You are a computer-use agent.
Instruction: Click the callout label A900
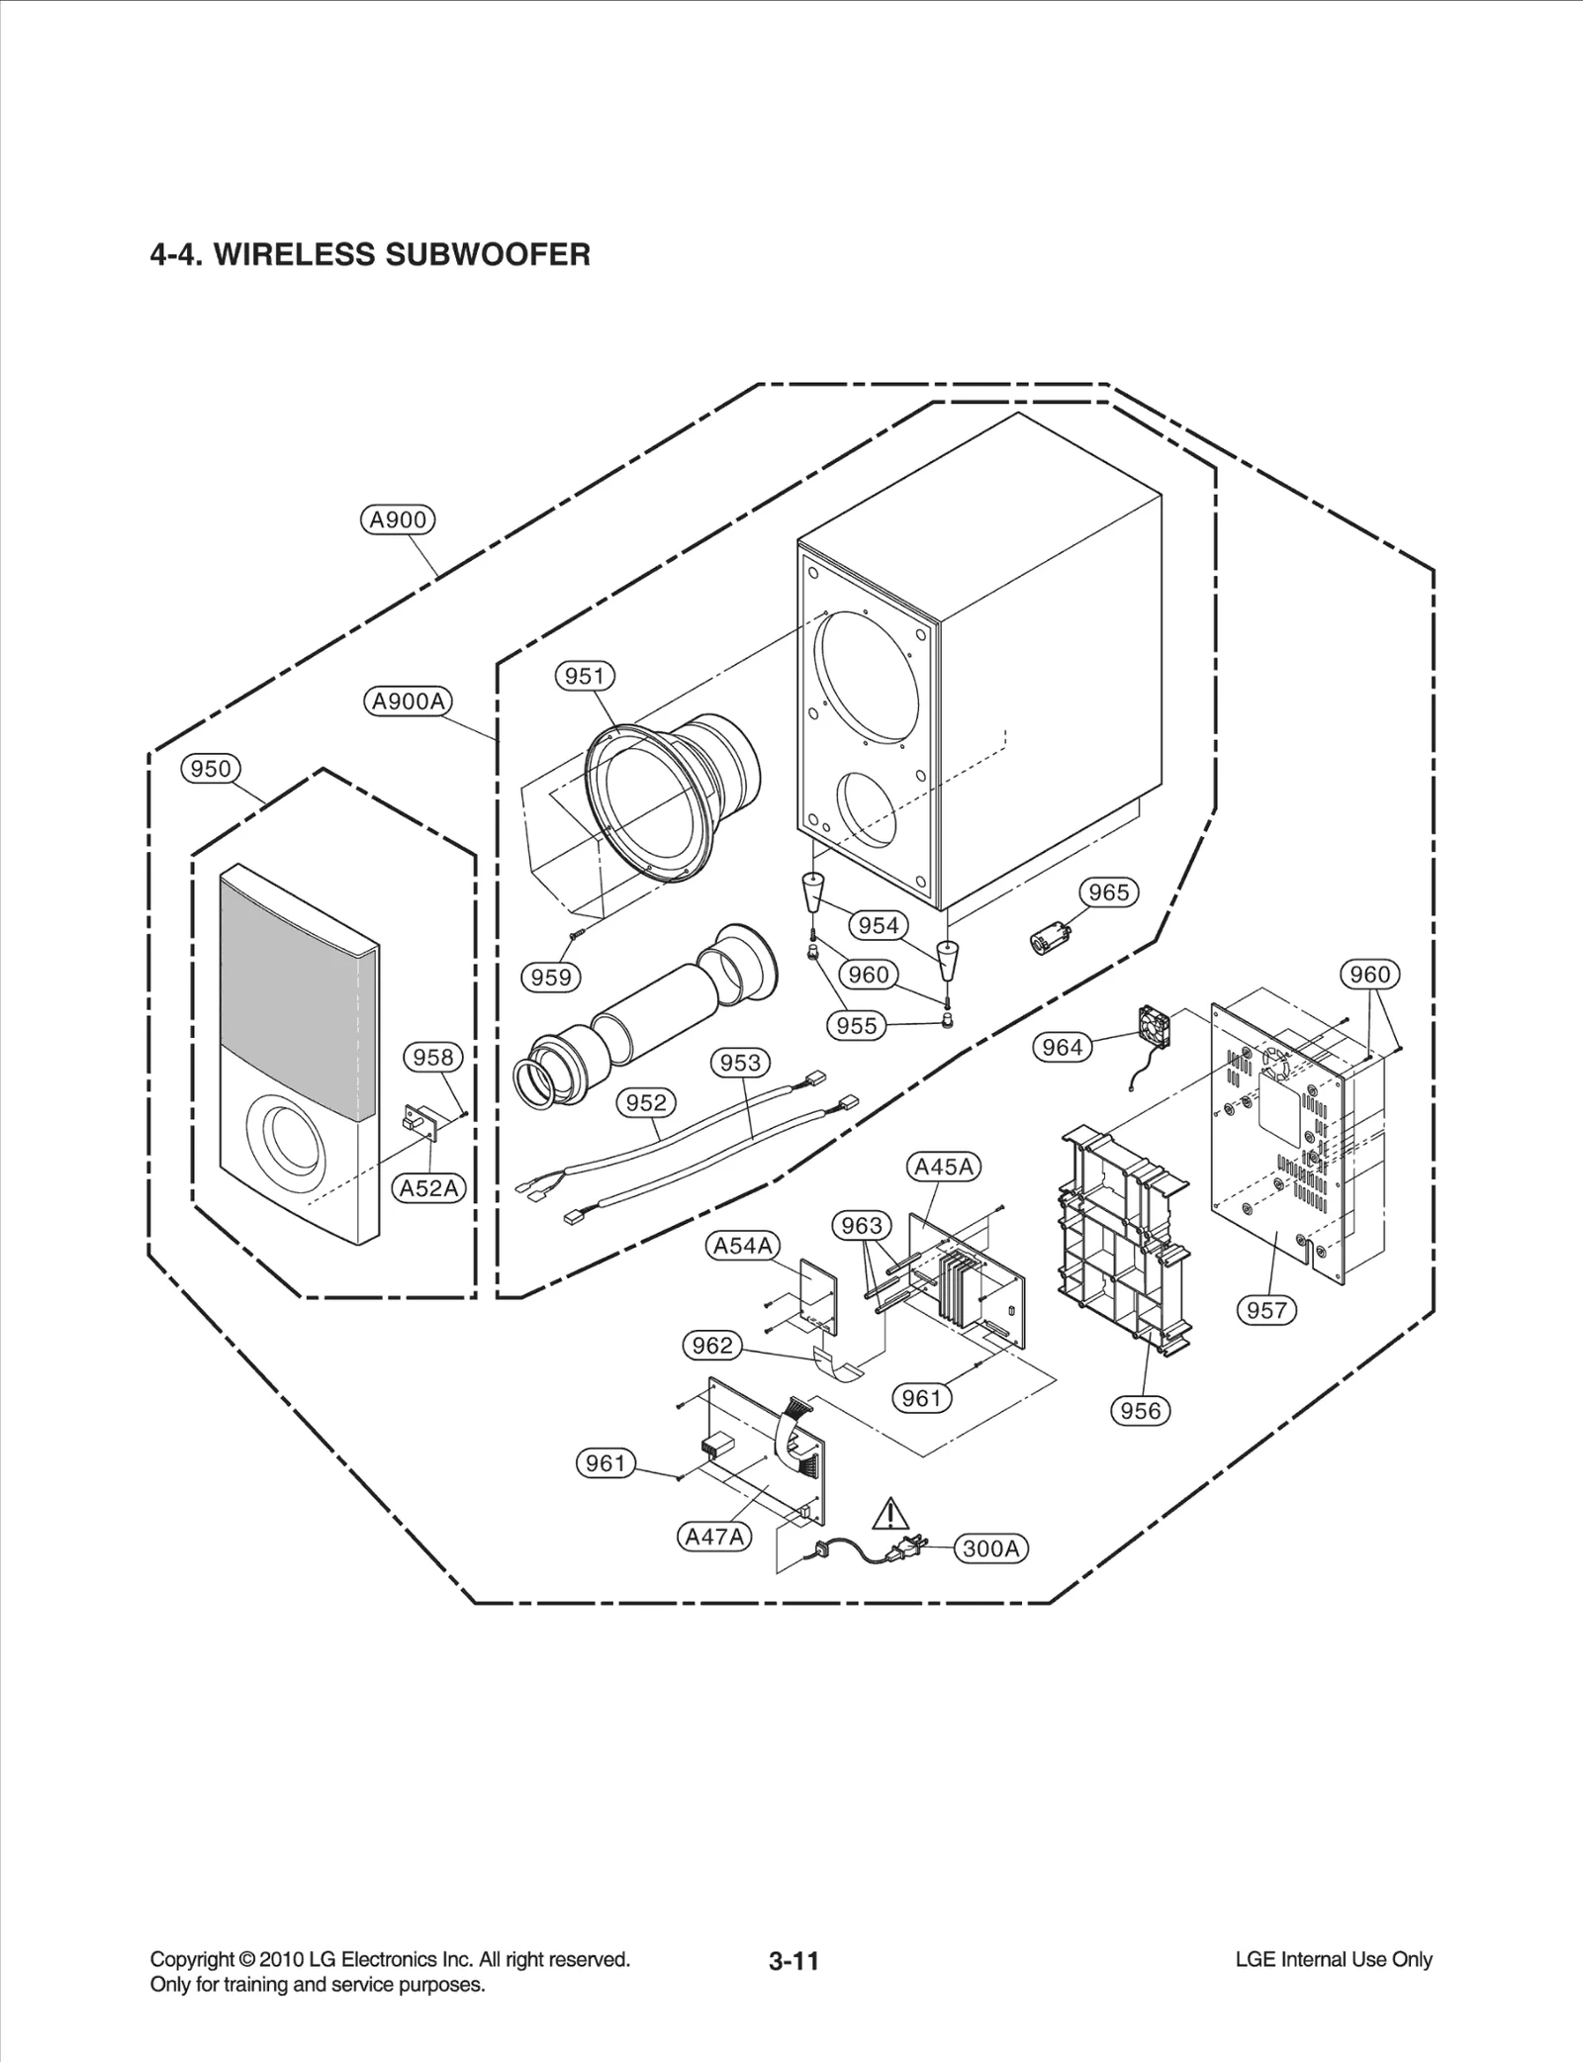[x=398, y=519]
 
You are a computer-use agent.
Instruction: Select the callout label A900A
[x=409, y=702]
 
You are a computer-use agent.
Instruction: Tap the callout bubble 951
[x=584, y=676]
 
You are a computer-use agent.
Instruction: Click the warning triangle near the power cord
[x=891, y=1542]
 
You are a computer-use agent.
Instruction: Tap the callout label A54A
[x=743, y=1246]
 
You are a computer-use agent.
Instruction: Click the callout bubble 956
[x=1140, y=1410]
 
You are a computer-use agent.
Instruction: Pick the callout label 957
[x=1266, y=1310]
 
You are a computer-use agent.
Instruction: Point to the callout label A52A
[x=429, y=1188]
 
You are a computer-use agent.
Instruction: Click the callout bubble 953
[x=740, y=1063]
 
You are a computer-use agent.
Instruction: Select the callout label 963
[x=861, y=1226]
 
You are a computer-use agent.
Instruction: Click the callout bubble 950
[x=211, y=769]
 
